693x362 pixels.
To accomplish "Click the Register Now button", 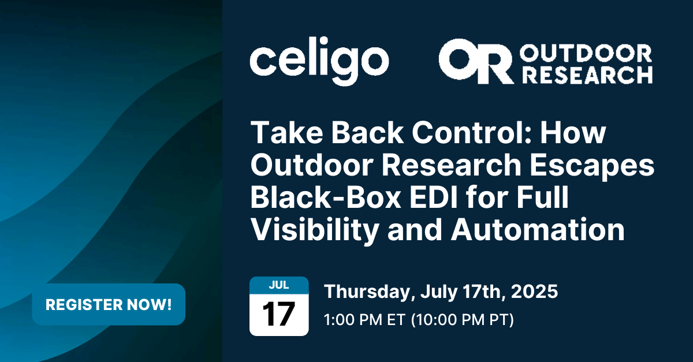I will click(x=109, y=304).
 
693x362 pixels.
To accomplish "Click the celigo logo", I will click(x=319, y=62).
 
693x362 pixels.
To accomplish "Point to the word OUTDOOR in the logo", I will click(x=586, y=54).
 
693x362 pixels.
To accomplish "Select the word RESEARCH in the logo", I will click(x=586, y=74).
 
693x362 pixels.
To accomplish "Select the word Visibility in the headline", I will click(x=321, y=230).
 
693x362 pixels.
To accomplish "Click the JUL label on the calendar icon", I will click(x=278, y=285).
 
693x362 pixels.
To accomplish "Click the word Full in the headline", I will click(x=539, y=198).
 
